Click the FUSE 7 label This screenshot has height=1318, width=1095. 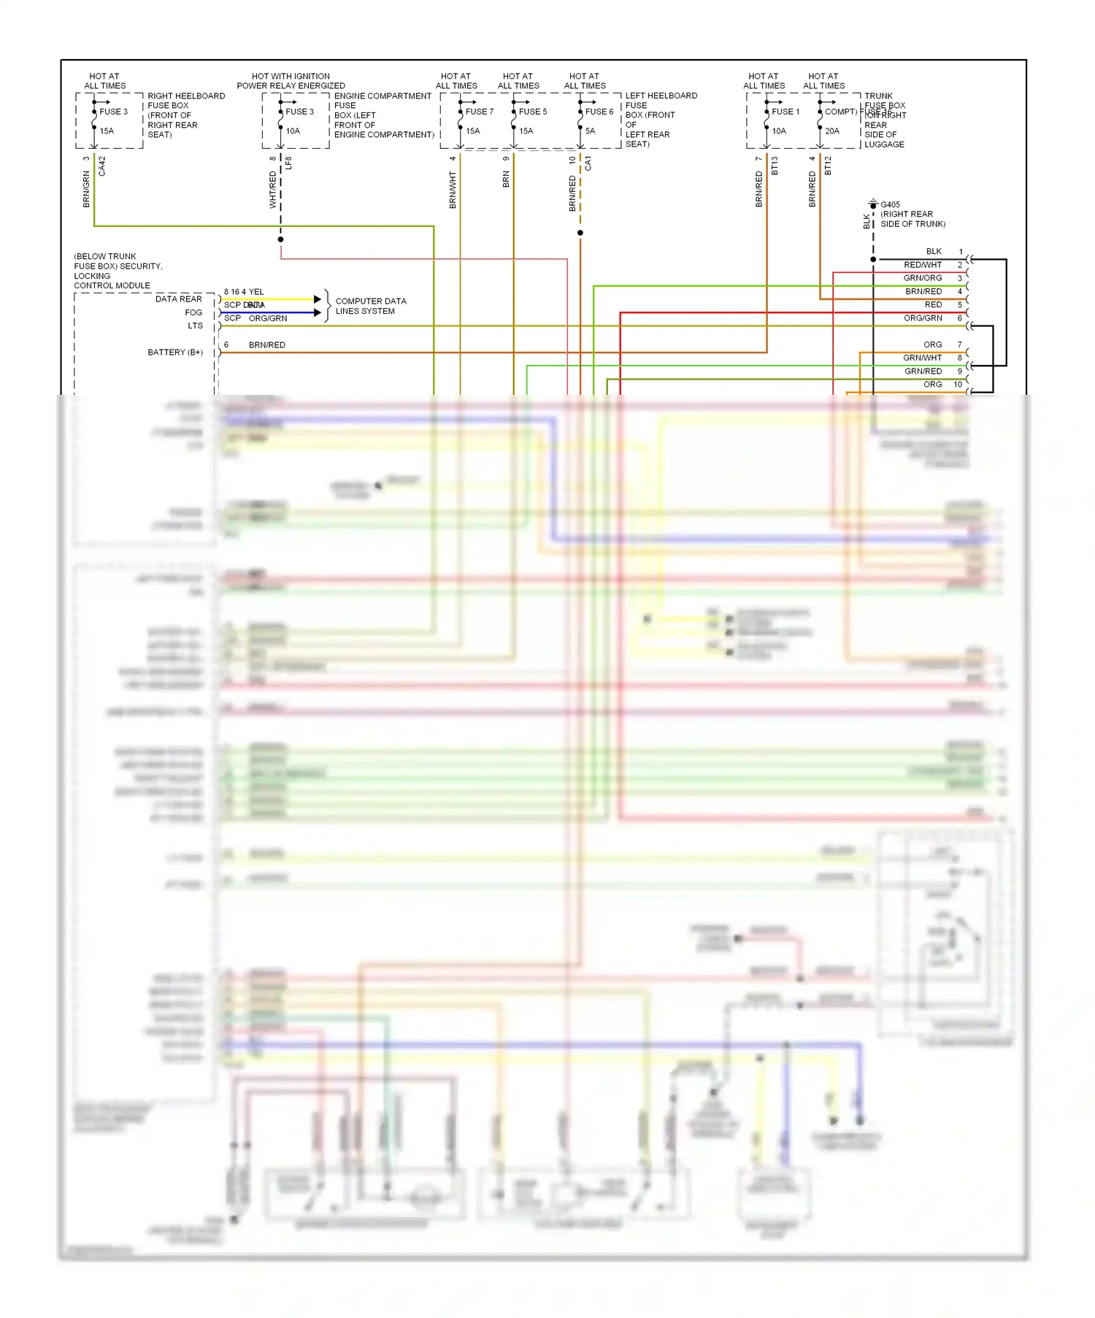(x=479, y=112)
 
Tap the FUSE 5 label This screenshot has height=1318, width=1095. (x=532, y=112)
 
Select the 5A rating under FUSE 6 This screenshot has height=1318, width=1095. (x=590, y=131)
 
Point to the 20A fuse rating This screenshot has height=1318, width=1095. (x=832, y=131)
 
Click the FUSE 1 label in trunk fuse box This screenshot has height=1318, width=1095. (x=785, y=112)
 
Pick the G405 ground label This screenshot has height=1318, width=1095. (x=890, y=205)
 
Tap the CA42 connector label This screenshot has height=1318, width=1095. (x=102, y=166)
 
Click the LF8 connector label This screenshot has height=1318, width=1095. (x=288, y=163)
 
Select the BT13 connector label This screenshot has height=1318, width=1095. (x=775, y=166)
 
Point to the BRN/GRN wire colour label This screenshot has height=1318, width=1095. (x=86, y=189)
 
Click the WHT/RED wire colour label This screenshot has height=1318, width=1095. (x=273, y=190)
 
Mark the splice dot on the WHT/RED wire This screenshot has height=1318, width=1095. (x=280, y=239)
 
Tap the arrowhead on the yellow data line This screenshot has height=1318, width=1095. (x=318, y=299)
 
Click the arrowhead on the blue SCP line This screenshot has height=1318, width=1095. (x=318, y=312)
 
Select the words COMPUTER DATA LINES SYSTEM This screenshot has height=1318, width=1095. (x=370, y=306)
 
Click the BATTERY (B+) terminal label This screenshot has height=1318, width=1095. (x=175, y=352)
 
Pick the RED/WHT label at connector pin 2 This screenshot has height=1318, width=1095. (x=922, y=265)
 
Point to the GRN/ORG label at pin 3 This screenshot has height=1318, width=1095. (x=922, y=278)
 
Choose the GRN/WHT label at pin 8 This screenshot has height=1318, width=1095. (x=922, y=358)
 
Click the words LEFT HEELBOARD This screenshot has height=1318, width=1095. (x=661, y=96)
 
